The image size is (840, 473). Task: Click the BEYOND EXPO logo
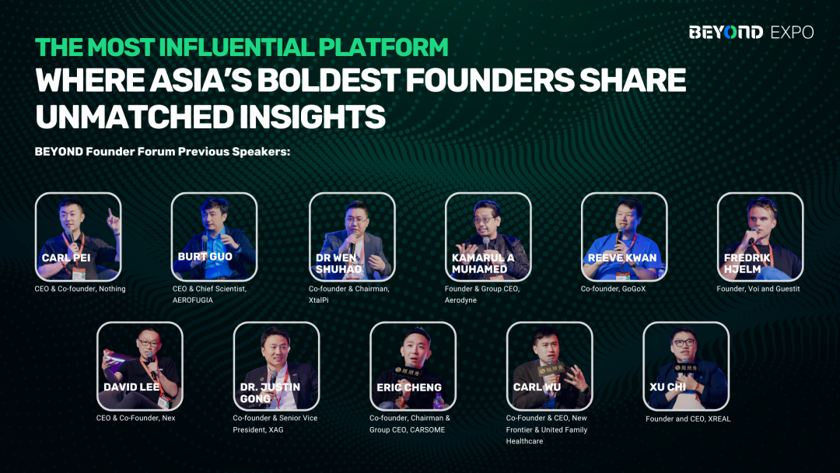[x=751, y=32]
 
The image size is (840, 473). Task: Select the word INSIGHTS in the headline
[x=312, y=117]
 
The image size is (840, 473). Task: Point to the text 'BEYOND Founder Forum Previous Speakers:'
[x=163, y=152]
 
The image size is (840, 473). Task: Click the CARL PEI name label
[x=66, y=258]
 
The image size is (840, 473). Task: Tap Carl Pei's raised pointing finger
[x=111, y=214]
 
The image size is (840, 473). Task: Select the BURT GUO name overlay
[x=205, y=257]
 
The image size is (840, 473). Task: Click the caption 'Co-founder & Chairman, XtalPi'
[x=348, y=294]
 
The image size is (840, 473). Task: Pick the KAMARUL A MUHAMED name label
[x=483, y=263]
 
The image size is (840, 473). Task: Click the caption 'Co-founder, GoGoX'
[x=613, y=289]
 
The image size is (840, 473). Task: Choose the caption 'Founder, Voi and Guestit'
[x=758, y=289]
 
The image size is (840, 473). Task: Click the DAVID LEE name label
[x=131, y=387]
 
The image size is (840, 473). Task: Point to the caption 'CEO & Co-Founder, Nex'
[x=135, y=418]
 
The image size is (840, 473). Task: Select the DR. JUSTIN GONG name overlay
[x=270, y=393]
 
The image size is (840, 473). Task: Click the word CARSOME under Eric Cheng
[x=428, y=429]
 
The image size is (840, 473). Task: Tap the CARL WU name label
[x=537, y=387]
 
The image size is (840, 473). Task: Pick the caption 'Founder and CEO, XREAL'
[x=688, y=419]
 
